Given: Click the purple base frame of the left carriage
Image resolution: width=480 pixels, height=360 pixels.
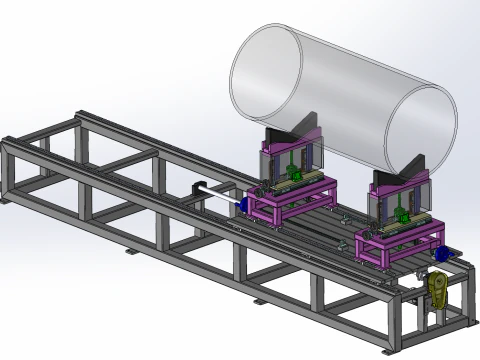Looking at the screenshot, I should (x=285, y=206).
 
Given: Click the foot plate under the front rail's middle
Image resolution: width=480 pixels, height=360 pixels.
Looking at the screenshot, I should (x=260, y=301).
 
